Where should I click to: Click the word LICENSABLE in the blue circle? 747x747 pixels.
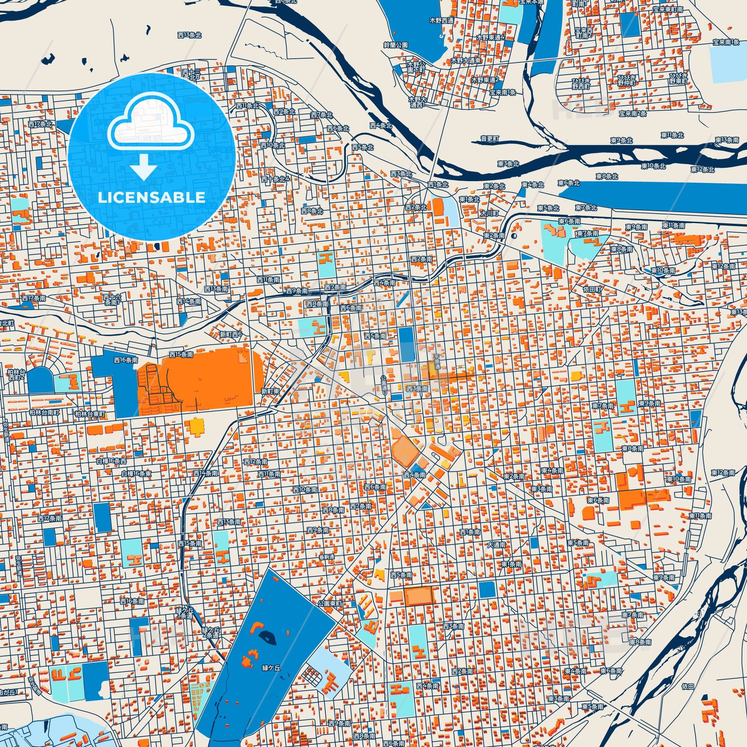pyautogui.click(x=151, y=198)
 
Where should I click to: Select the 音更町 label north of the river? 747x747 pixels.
pyautogui.click(x=490, y=139)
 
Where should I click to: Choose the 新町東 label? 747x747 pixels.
pyautogui.click(x=270, y=391)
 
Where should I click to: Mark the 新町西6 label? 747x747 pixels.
pyautogui.click(x=231, y=334)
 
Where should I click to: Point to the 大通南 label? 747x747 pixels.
pyautogui.click(x=496, y=545)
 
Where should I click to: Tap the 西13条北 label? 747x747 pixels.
pyautogui.click(x=190, y=35)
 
